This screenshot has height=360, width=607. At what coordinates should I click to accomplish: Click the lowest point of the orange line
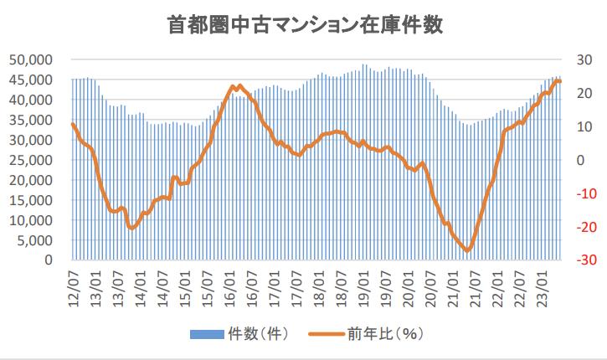[x=468, y=250]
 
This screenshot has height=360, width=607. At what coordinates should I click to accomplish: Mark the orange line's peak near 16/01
[x=239, y=85]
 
